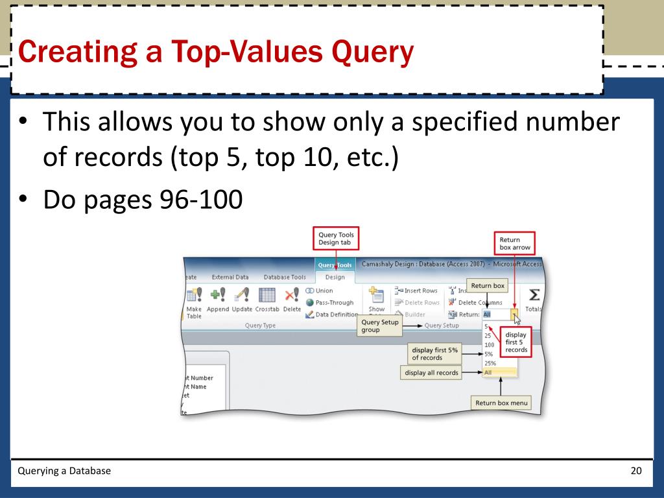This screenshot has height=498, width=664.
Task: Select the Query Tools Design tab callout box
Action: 335,239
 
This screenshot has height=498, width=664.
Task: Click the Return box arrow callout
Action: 515,243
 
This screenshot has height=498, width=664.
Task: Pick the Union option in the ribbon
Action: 323,290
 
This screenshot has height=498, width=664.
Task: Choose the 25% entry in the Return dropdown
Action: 490,364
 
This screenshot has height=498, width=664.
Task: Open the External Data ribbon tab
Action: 230,277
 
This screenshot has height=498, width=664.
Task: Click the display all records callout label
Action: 431,373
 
